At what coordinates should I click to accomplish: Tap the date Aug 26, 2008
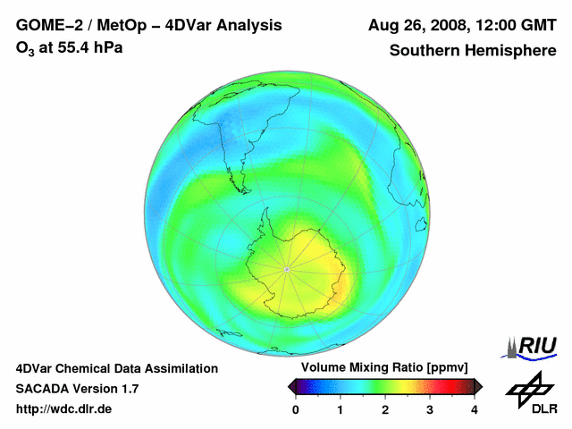coord(420,24)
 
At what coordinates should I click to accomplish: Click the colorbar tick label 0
coord(296,409)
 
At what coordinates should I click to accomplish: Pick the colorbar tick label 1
coord(341,409)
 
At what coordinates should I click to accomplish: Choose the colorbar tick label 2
coord(385,409)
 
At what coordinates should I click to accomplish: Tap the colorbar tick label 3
coord(430,409)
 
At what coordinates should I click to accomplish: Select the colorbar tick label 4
coord(475,409)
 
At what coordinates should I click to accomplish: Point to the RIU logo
coord(534,345)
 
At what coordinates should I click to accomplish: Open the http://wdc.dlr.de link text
coord(64,409)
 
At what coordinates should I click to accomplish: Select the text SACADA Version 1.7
coord(77,389)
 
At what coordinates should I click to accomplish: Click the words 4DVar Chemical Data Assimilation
coord(116,368)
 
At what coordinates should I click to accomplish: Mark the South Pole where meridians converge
coord(286,268)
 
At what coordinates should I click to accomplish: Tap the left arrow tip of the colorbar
coord(290,386)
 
